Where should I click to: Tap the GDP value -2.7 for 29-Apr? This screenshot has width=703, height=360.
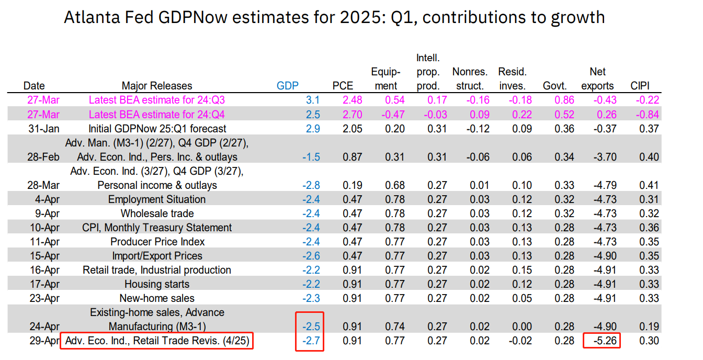tap(310, 341)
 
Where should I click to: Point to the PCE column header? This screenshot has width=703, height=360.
tap(343, 86)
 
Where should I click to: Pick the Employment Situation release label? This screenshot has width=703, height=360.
tap(157, 199)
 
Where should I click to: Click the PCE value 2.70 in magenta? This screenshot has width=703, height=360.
tap(352, 115)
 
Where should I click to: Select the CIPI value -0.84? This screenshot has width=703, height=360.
tap(645, 115)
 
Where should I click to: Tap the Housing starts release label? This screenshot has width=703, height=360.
tap(157, 284)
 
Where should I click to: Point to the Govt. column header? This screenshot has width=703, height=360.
tap(554, 86)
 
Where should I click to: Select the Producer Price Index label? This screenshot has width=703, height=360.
tap(157, 242)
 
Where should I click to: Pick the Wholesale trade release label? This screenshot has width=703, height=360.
tap(157, 213)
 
